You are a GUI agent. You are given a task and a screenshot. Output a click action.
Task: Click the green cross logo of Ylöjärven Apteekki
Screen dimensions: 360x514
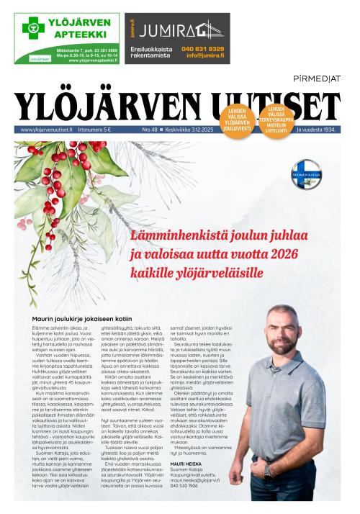[x=32, y=28]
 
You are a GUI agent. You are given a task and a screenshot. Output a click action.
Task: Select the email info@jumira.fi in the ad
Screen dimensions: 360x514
[x=204, y=56]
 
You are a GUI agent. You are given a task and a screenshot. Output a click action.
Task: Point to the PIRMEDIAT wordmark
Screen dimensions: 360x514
[x=317, y=77]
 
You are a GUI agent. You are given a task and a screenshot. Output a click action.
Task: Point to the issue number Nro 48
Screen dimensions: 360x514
[x=150, y=130]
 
